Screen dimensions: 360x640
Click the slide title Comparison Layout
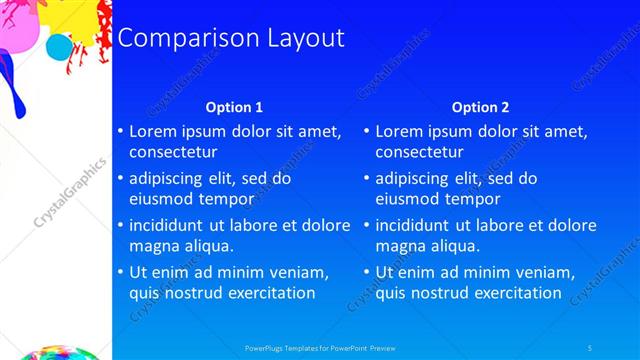(x=231, y=38)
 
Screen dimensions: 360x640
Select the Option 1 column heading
(x=234, y=107)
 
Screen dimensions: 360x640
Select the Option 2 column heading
(x=480, y=107)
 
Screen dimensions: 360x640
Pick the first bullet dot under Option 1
(x=120, y=132)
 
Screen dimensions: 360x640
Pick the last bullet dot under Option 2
(x=366, y=272)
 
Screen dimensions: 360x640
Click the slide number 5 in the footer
(x=590, y=347)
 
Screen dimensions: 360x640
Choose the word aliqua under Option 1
(x=210, y=246)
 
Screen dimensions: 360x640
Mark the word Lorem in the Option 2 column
(x=400, y=131)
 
